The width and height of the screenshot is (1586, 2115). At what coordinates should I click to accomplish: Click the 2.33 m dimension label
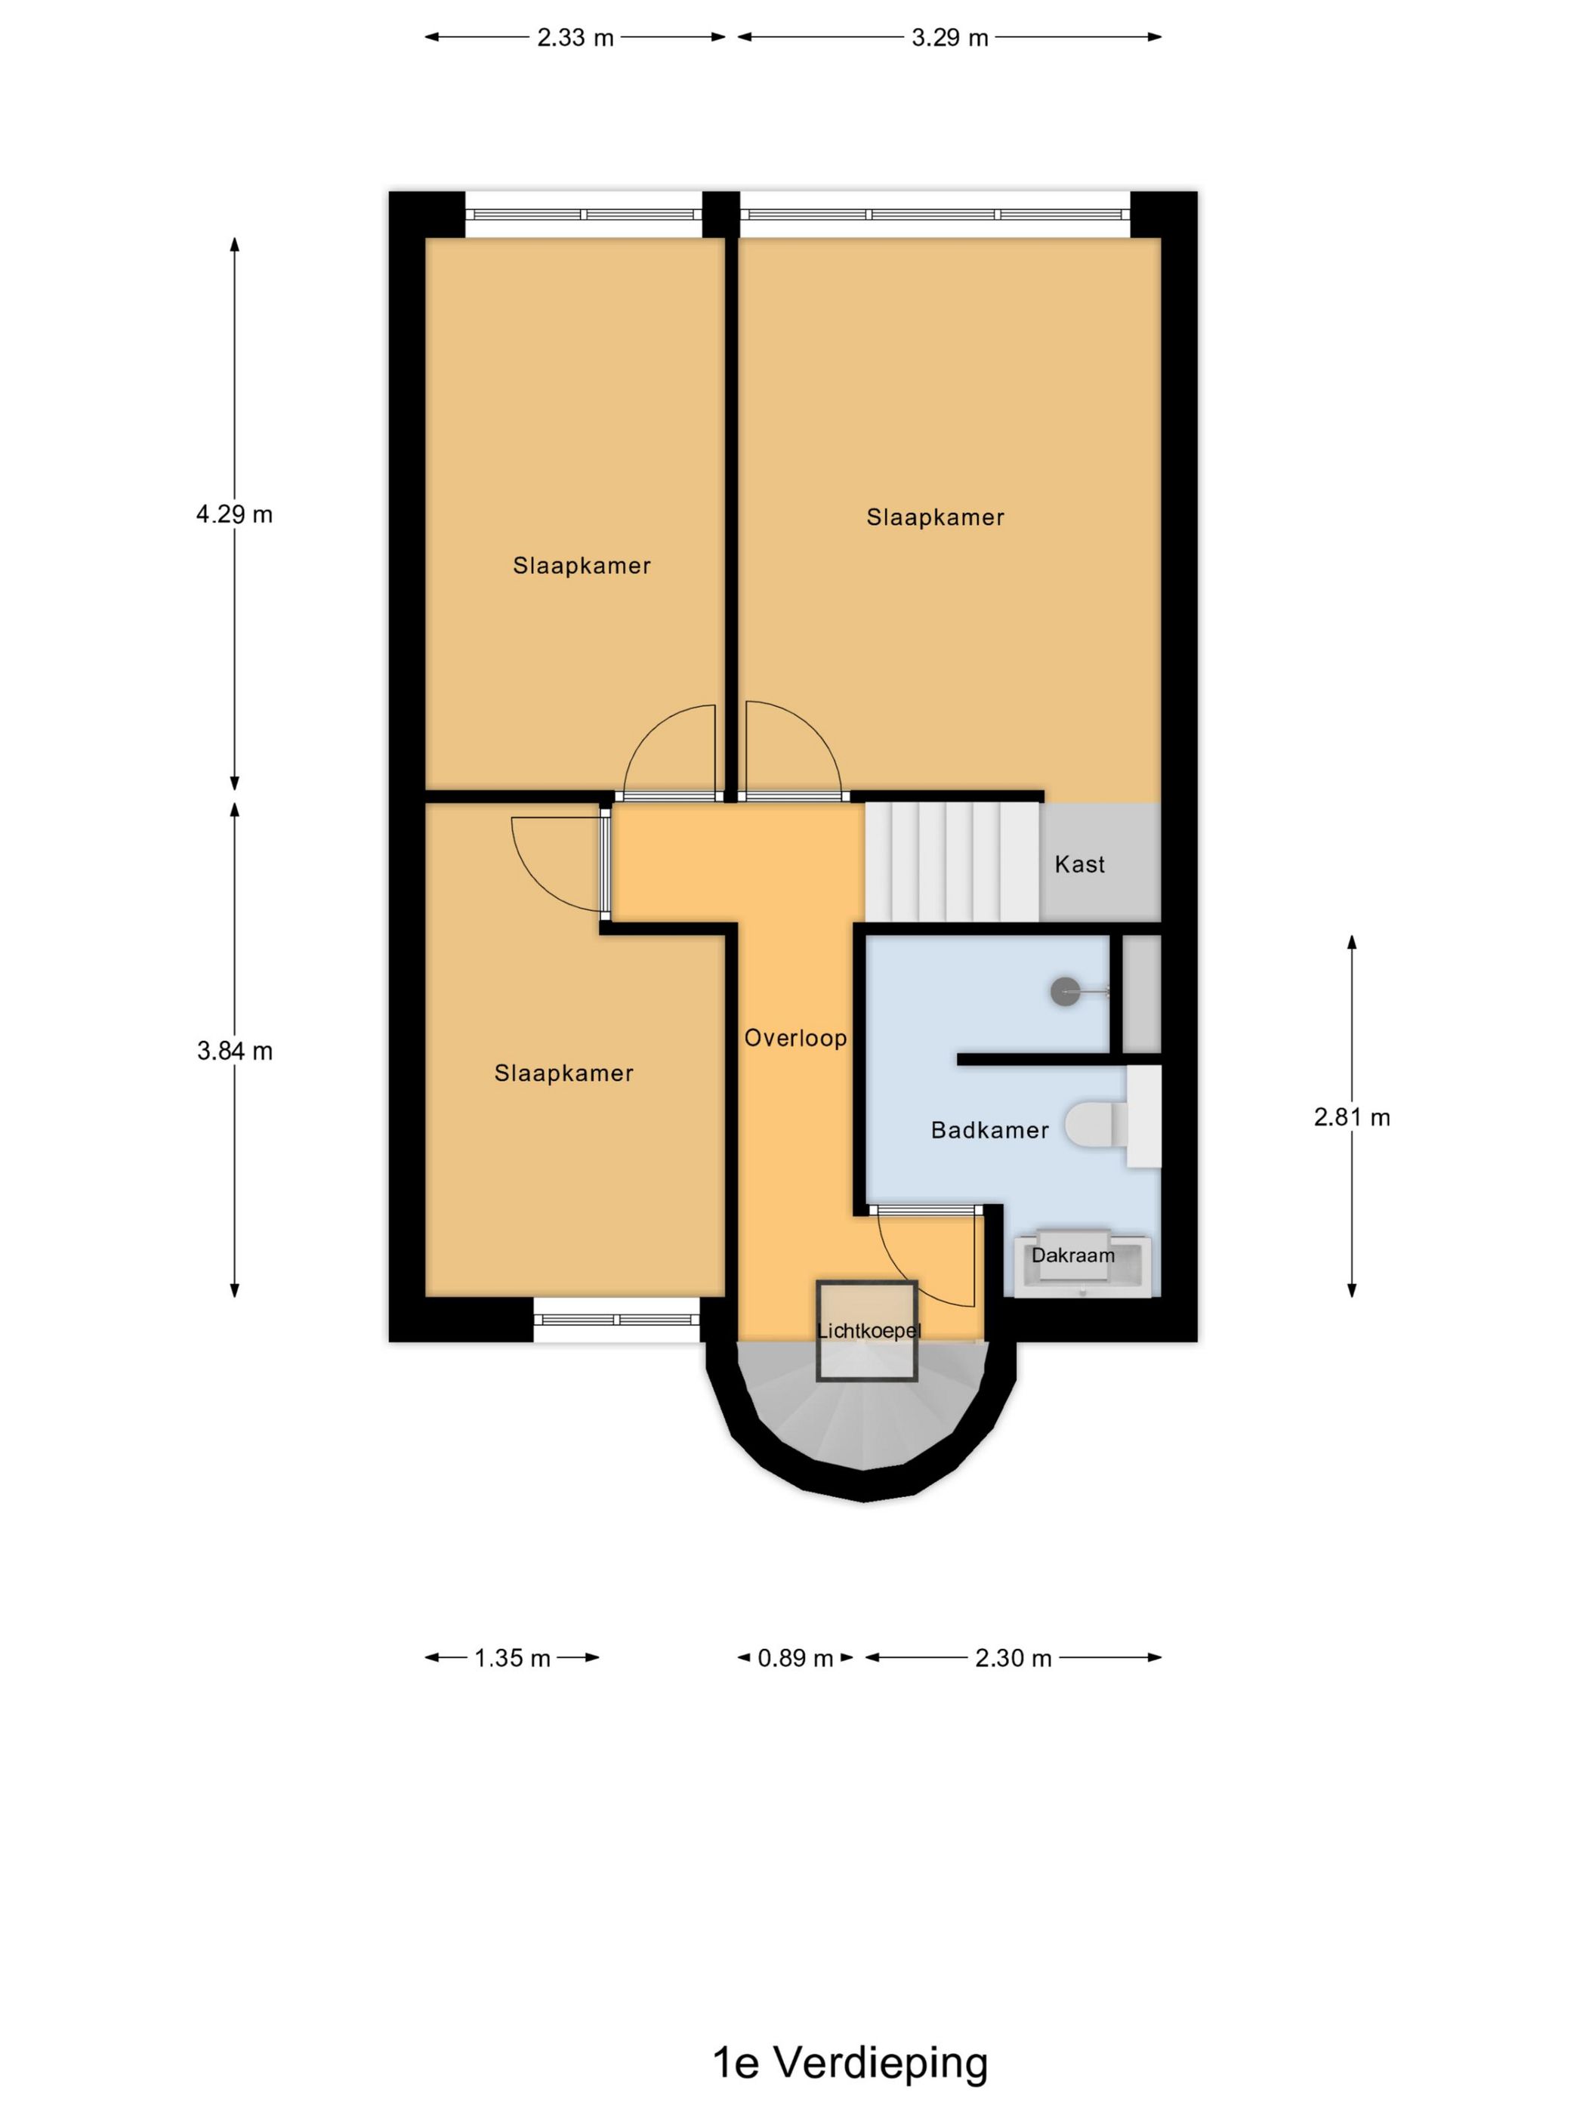[575, 39]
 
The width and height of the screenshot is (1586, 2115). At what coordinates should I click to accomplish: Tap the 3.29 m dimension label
[949, 39]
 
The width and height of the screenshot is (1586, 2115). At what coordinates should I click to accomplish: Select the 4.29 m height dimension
[234, 514]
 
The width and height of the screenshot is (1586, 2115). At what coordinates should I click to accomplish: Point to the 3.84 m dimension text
[234, 1051]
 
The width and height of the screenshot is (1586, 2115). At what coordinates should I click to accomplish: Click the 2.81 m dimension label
[1351, 1116]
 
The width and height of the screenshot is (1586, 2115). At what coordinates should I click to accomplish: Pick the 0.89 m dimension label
[795, 1658]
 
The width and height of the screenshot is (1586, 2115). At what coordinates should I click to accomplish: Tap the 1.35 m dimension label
[512, 1658]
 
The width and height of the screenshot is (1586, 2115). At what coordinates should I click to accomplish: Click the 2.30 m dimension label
[1013, 1658]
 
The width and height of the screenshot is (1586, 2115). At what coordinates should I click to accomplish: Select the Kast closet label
[1079, 864]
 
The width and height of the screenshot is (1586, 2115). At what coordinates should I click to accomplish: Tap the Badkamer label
[989, 1130]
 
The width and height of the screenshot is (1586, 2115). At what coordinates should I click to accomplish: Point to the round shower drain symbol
[1064, 993]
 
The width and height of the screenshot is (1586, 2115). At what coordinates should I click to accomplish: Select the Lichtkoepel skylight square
[866, 1330]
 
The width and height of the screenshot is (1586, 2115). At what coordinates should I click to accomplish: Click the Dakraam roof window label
[1072, 1255]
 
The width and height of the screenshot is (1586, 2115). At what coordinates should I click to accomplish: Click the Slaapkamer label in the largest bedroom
[935, 517]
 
